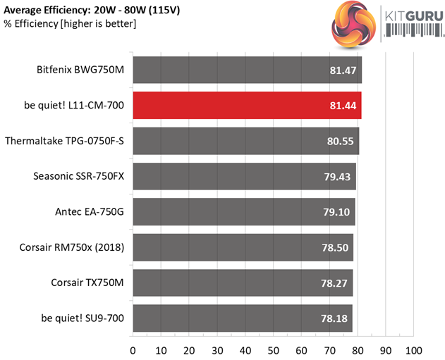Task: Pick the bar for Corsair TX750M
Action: click(242, 283)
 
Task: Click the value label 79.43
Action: click(339, 177)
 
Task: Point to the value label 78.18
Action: click(335, 318)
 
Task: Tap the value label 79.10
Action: click(338, 212)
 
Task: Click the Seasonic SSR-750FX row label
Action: click(78, 176)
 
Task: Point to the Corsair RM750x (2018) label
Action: click(73, 247)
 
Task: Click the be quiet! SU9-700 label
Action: click(83, 318)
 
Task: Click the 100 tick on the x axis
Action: click(413, 350)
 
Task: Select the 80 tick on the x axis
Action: click(358, 350)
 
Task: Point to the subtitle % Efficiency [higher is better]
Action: click(69, 24)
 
